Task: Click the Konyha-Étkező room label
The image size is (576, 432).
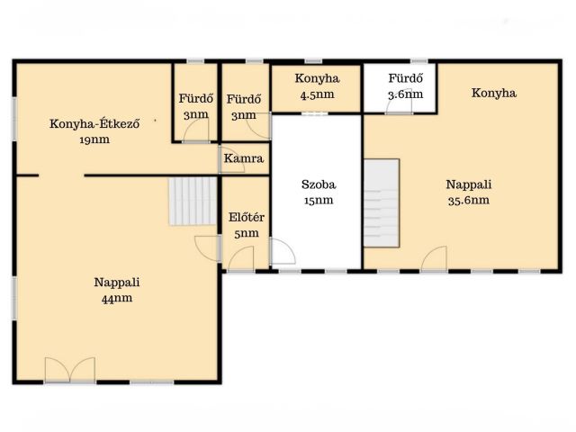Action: pos(94,123)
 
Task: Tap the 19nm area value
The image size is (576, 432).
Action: pos(94,139)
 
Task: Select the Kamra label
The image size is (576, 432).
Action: pos(244,158)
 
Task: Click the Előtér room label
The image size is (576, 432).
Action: pos(246,217)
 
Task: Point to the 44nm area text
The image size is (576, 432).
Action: pos(117,298)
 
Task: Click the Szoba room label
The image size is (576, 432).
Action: pos(319,184)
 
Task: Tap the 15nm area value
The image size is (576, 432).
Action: pos(319,200)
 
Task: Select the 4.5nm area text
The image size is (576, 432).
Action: pos(317,94)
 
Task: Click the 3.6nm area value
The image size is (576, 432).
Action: pos(406,94)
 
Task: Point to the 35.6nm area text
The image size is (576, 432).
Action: pos(469,200)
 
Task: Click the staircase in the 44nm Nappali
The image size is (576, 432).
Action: pos(193,202)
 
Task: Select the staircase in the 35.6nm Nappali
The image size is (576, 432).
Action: pos(382,202)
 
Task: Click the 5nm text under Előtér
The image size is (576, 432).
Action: pos(246,233)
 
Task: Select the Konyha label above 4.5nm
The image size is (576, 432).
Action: pos(317,78)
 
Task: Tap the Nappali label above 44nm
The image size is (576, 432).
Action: pos(117,282)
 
